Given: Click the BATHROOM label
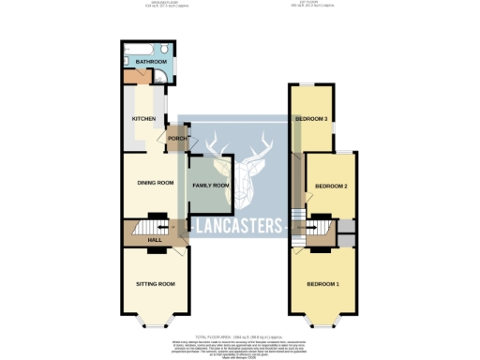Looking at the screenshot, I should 150,62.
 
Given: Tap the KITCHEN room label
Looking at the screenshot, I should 142,119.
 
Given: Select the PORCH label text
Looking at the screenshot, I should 176,140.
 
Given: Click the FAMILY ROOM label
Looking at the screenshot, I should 211,186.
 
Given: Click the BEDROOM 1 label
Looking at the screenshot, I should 323,283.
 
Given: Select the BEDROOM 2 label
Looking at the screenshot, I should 331,187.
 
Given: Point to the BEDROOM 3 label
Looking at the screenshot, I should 311,119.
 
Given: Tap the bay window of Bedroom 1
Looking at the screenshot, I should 323,323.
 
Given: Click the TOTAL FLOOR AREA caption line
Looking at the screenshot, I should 240,335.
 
